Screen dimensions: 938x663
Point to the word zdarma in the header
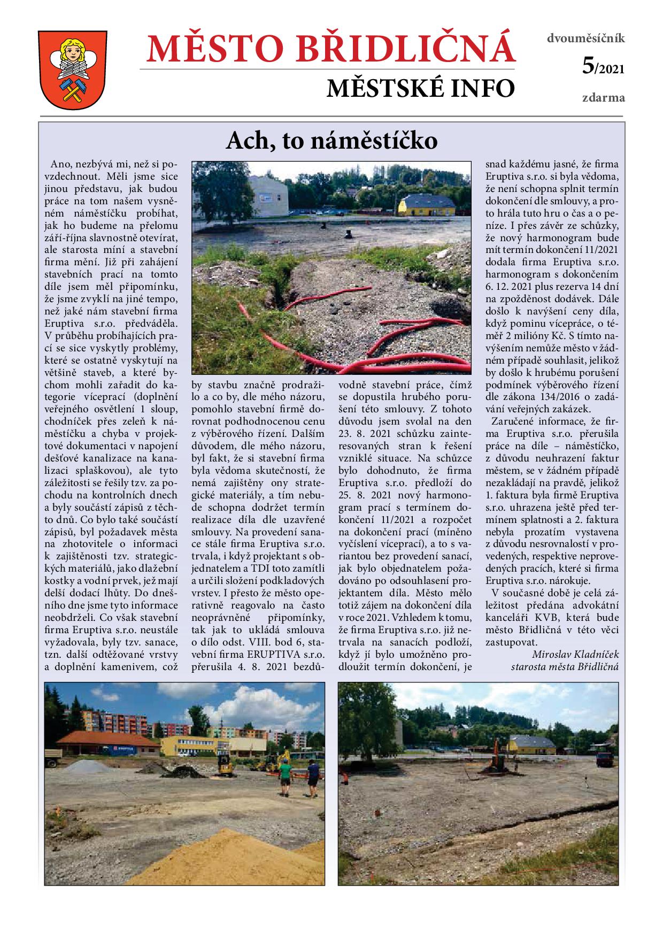(603, 98)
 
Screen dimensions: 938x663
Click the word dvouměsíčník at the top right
(585, 39)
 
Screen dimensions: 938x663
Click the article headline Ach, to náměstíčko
(331, 141)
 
